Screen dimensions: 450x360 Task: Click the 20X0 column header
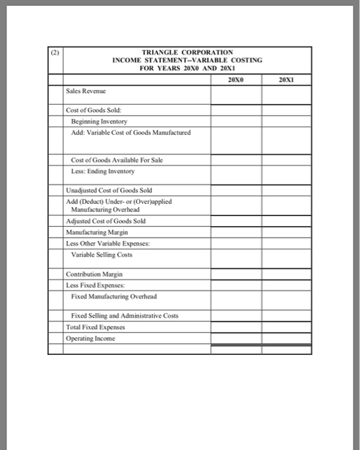(x=236, y=80)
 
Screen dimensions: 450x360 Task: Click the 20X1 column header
(x=286, y=80)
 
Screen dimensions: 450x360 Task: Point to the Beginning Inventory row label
(x=99, y=122)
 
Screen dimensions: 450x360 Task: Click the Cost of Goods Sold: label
(x=93, y=111)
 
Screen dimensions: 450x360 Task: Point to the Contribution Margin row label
(x=95, y=274)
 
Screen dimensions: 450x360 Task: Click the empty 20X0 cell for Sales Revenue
(x=236, y=93)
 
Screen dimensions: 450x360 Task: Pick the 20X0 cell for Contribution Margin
(x=236, y=274)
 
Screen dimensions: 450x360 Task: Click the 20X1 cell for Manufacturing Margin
(x=287, y=231)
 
